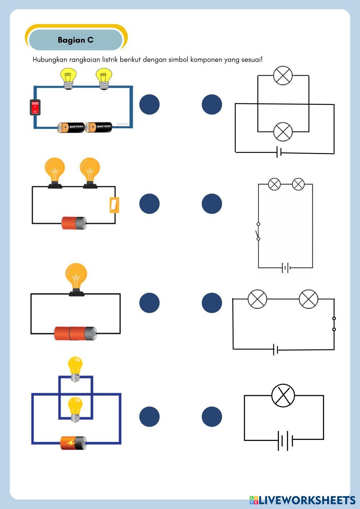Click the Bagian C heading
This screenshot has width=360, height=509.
(x=76, y=40)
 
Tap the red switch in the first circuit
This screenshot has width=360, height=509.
(x=35, y=107)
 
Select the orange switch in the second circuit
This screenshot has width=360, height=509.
(x=114, y=205)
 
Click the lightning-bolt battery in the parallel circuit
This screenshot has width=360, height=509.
(x=73, y=443)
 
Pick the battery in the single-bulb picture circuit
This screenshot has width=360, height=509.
(x=75, y=334)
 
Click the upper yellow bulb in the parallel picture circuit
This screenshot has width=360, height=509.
(x=75, y=368)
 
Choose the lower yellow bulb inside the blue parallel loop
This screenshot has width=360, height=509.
(x=75, y=409)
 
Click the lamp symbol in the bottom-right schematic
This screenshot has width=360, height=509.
(x=283, y=396)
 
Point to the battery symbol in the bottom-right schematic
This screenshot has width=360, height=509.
(x=285, y=440)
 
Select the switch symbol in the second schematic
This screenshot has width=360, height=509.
(x=258, y=231)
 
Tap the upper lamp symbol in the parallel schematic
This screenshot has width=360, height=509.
(x=283, y=76)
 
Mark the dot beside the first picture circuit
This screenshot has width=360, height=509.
(x=149, y=104)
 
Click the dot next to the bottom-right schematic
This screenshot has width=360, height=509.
(x=212, y=417)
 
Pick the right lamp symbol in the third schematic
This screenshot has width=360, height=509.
(x=309, y=299)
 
